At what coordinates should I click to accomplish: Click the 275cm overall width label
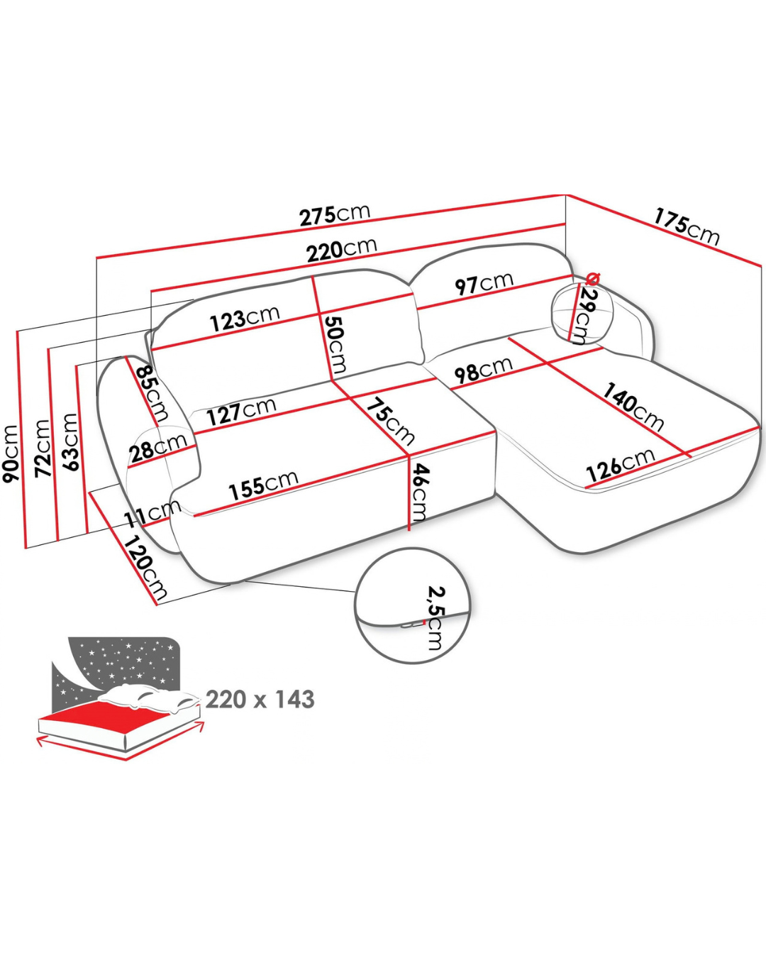click(334, 215)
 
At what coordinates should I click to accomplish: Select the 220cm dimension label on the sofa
click(341, 250)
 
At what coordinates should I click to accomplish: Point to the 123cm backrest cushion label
click(245, 318)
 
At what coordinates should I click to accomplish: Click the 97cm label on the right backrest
click(484, 284)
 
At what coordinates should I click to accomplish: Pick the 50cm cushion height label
click(335, 344)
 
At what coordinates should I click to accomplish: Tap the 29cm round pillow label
click(584, 316)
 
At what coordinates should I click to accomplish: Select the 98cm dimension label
click(484, 370)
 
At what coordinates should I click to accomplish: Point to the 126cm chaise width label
click(621, 466)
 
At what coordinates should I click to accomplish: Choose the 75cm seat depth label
click(392, 421)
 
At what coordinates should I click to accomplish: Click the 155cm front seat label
click(263, 485)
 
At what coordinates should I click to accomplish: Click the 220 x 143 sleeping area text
click(260, 699)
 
